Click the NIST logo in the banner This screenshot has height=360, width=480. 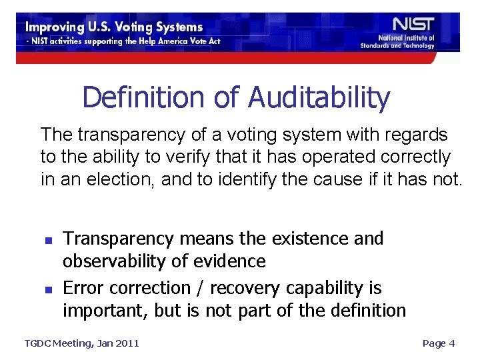click(405, 25)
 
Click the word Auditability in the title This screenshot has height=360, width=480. click(319, 97)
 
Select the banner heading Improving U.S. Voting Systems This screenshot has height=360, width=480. click(114, 27)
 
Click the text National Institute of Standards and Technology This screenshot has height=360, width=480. click(397, 42)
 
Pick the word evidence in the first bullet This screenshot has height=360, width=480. click(230, 261)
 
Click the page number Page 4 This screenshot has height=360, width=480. click(439, 343)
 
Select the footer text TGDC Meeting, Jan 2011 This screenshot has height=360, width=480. click(82, 343)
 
